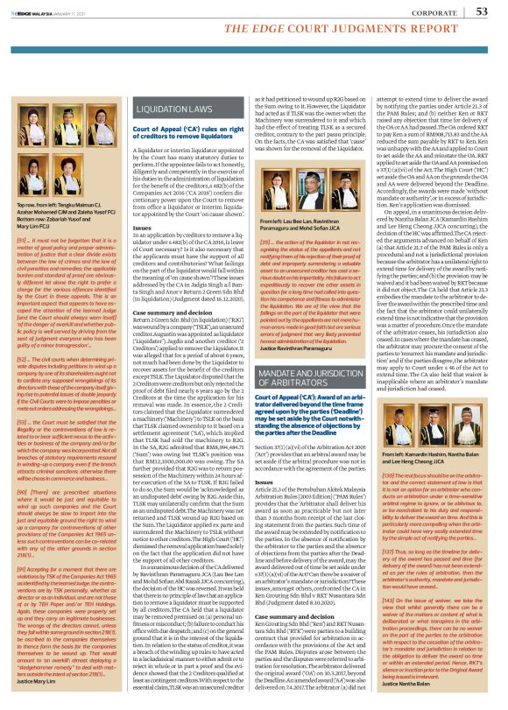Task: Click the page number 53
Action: coord(480,11)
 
